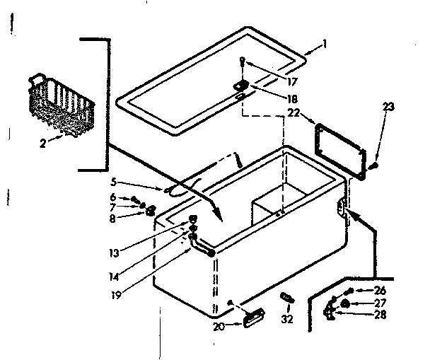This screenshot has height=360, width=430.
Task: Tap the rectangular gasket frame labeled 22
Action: pyautogui.click(x=339, y=146)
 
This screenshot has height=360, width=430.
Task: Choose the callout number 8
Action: pyautogui.click(x=134, y=219)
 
